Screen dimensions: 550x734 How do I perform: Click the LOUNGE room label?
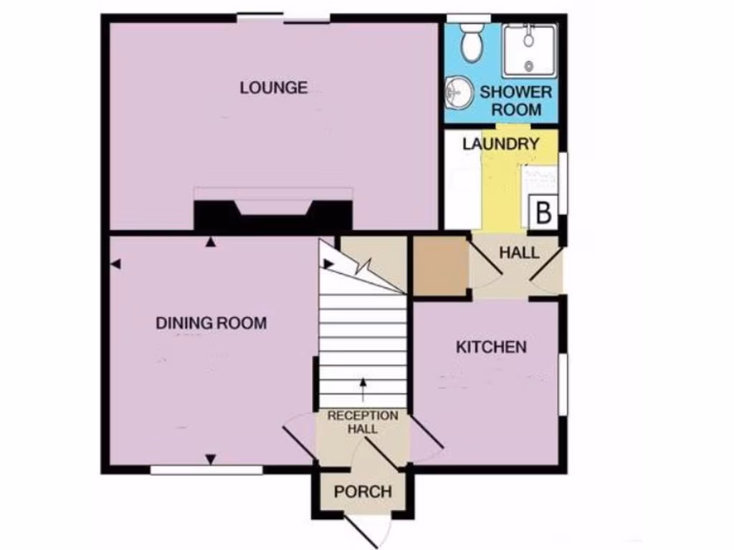point(274,88)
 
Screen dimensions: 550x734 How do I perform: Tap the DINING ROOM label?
point(211,323)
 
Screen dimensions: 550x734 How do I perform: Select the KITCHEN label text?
point(492,347)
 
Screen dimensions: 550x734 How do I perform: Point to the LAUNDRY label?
point(500,144)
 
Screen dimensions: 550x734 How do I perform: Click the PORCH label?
point(363,492)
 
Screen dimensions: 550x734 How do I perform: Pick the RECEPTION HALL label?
point(363,423)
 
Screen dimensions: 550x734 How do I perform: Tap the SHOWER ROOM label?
point(515,101)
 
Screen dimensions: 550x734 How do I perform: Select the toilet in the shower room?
point(472,42)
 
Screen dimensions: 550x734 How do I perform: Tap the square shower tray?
point(530,50)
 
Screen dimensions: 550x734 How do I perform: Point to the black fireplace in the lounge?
point(273,215)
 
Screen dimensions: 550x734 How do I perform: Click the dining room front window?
point(206,471)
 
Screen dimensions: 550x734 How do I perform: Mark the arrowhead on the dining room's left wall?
point(116,264)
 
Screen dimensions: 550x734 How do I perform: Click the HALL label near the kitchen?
point(519,253)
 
